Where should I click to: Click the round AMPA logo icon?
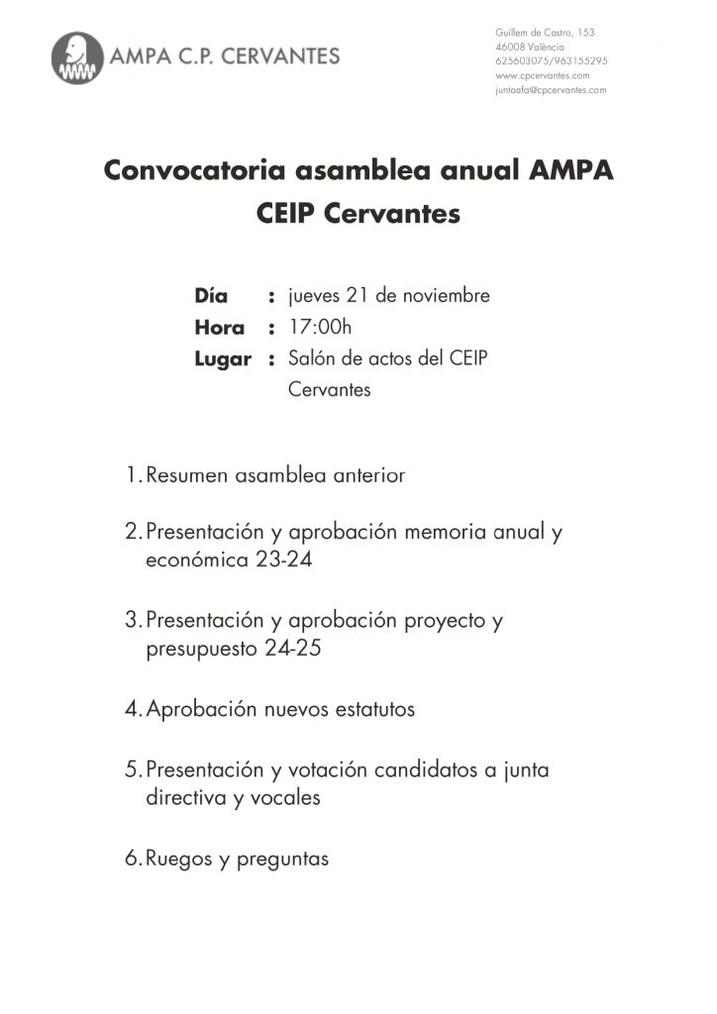[78, 57]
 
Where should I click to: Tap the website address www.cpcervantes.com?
[542, 75]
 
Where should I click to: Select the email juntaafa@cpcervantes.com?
[551, 90]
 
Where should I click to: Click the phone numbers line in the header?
[551, 61]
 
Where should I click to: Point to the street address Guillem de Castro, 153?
[545, 33]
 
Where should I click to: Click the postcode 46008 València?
[530, 48]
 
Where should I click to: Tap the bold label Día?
[211, 296]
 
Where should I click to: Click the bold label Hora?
[219, 328]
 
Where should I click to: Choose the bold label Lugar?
[223, 358]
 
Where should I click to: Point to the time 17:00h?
[320, 327]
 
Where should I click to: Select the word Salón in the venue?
[312, 358]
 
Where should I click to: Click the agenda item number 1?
[133, 476]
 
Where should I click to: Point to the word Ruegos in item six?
[179, 859]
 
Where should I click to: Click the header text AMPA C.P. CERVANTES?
[227, 56]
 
